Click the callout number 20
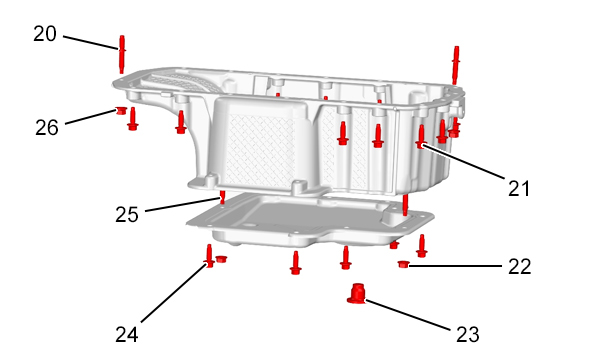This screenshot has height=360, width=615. coord(45,34)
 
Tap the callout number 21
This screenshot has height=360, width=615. coord(519,188)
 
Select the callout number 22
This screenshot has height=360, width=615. coord(520,267)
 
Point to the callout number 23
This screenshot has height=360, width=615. coord(468,335)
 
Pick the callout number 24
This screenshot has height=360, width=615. coord(127,335)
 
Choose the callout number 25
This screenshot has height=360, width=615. coord(127,215)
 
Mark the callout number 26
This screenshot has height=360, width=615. coord(47,127)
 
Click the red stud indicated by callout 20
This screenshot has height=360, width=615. coord(122,54)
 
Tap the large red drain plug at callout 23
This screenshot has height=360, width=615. coord(356,294)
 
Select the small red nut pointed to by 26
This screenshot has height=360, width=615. coord(121,110)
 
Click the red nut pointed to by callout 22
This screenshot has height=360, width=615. coord(403,264)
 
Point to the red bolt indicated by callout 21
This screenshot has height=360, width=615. coord(421,137)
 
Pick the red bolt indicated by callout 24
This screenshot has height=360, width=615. coord(209,256)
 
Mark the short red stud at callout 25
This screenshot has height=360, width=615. coord(222,197)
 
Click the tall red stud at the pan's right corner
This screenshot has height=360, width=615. coord(455,65)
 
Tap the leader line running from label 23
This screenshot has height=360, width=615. coord(408,315)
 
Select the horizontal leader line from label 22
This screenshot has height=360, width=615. coord(455,266)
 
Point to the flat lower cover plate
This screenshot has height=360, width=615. coord(310,220)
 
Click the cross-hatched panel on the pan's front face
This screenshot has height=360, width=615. coord(261,151)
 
